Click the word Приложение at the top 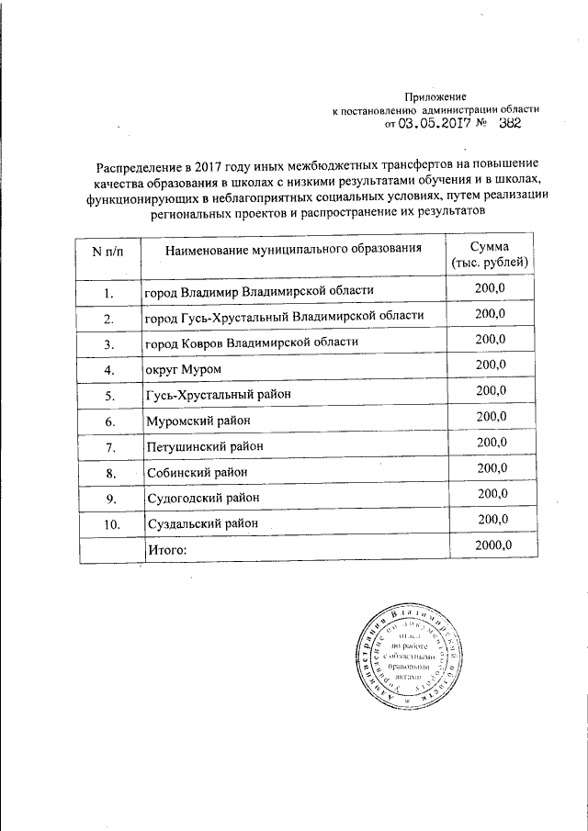pyautogui.click(x=436, y=95)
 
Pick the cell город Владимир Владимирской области pyautogui.click(x=259, y=292)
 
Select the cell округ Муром pyautogui.click(x=184, y=369)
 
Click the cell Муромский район pyautogui.click(x=198, y=421)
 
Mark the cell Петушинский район pyautogui.click(x=205, y=446)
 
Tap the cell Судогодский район pyautogui.click(x=203, y=498)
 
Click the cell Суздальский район pyautogui.click(x=203, y=523)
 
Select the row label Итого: pyautogui.click(x=166, y=549)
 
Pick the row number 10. pyautogui.click(x=109, y=523)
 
